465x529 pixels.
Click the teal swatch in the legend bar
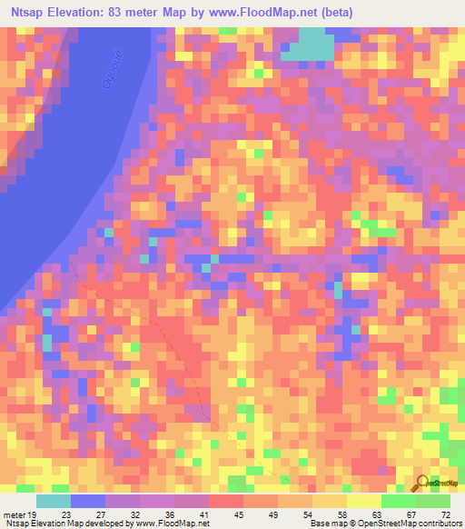pyautogui.click(x=54, y=502)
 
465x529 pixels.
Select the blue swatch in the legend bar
pyautogui.click(x=88, y=502)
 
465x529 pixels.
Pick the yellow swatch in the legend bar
pyautogui.click(x=363, y=502)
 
